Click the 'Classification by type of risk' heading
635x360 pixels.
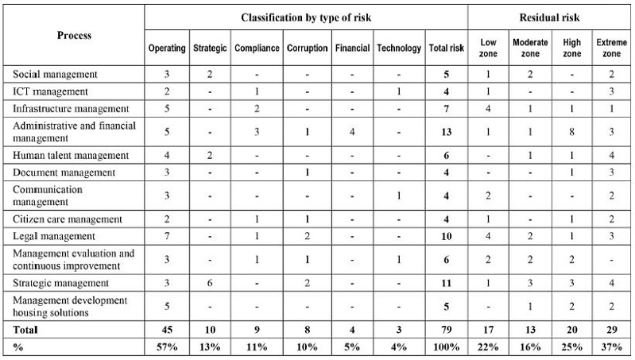point(306,17)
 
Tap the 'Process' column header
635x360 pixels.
point(75,35)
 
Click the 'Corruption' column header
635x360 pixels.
point(307,48)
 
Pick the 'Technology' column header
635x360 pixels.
point(399,48)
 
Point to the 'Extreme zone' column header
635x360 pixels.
point(610,48)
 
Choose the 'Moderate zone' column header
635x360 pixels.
point(530,48)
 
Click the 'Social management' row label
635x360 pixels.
point(55,75)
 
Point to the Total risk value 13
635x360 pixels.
point(446,132)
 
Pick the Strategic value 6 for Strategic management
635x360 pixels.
point(210,283)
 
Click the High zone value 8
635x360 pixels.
point(571,132)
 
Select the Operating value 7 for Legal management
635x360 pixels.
point(167,236)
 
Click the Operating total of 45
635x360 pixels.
point(167,329)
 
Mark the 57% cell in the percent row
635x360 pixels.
point(167,346)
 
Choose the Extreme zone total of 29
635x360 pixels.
point(610,329)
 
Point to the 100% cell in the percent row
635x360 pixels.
point(446,346)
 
